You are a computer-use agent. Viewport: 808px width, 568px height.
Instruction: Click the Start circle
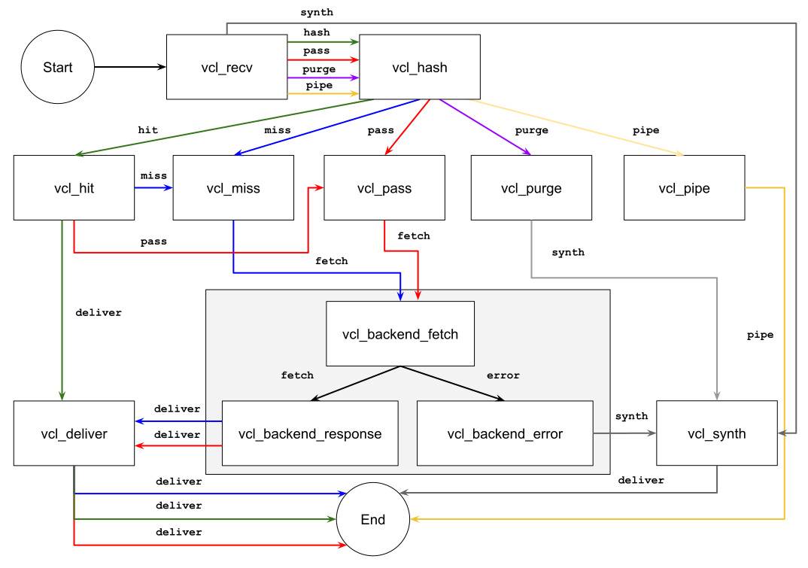coord(58,68)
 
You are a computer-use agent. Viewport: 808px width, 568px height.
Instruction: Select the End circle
coord(373,520)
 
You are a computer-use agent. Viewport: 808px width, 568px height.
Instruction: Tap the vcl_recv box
coord(226,67)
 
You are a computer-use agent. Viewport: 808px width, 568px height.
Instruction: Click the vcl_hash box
coord(420,67)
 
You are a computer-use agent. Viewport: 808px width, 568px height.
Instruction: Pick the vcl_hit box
coord(74,188)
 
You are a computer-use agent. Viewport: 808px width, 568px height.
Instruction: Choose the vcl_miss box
coord(233,188)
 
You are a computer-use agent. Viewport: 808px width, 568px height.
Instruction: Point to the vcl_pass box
coord(384,188)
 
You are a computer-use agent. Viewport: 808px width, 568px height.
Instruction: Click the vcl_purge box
coord(531,188)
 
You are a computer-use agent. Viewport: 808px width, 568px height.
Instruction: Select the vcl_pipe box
coord(684,188)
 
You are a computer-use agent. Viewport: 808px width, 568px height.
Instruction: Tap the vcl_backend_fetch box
coord(400,334)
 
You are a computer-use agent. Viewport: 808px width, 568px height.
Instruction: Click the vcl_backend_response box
coord(310,433)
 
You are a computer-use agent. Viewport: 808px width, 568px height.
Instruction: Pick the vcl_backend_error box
coord(505,433)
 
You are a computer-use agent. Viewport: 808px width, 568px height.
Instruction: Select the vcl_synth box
coord(717,433)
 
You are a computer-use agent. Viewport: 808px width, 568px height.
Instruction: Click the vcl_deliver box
coord(74,433)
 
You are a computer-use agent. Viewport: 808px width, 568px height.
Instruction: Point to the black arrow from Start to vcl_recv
coord(130,68)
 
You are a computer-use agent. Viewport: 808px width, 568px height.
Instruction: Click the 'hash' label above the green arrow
coord(316,32)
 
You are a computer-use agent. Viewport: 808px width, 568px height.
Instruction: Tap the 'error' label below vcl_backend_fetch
coord(503,375)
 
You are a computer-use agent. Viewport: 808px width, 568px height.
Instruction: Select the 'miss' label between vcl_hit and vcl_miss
coord(153,175)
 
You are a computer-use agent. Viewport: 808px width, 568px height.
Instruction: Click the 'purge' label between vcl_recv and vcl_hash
coord(319,69)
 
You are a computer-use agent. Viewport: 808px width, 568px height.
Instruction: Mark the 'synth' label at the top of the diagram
coord(316,12)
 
